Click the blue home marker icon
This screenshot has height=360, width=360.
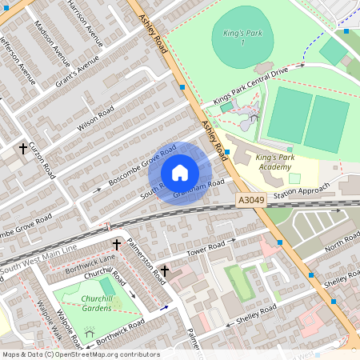click(180, 173)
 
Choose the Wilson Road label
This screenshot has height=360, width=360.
click(95, 119)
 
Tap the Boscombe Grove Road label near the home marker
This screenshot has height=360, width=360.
click(142, 167)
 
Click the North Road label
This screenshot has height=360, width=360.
click(342, 241)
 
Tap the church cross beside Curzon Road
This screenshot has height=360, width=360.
click(24, 148)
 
